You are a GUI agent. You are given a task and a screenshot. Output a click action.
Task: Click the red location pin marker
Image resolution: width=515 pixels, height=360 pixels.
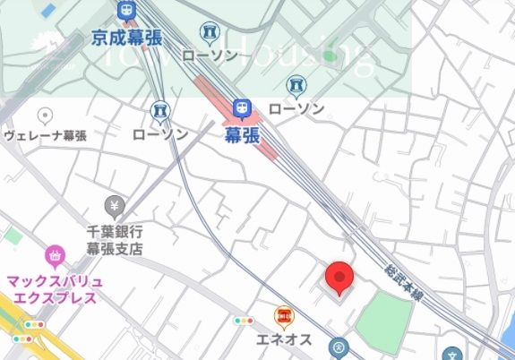pos(339,278)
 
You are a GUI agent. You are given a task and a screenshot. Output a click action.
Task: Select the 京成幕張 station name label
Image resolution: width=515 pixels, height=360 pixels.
pos(125,39)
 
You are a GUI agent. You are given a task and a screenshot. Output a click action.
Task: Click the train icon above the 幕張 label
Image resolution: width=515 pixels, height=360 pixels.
pos(240,108)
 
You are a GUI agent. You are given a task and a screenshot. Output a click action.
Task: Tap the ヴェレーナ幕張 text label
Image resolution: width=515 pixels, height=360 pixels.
pos(45,136)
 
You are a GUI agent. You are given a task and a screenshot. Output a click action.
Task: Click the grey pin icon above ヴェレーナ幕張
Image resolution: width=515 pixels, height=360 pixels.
pos(45,115)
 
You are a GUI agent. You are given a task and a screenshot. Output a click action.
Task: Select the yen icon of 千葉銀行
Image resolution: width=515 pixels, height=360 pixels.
pos(113,205)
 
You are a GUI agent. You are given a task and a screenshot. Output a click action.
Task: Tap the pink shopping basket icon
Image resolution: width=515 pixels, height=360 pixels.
pos(56,257)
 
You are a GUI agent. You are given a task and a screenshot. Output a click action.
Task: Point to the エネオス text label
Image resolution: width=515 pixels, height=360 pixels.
pos(285,339)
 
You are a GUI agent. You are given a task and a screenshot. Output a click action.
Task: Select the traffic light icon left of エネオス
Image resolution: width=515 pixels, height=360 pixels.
pos(244,321)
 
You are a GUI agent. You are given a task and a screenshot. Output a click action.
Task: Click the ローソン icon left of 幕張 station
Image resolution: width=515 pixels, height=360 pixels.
pos(160,111)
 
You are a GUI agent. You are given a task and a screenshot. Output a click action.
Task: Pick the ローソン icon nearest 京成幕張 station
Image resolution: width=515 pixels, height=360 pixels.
pos(210,32)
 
